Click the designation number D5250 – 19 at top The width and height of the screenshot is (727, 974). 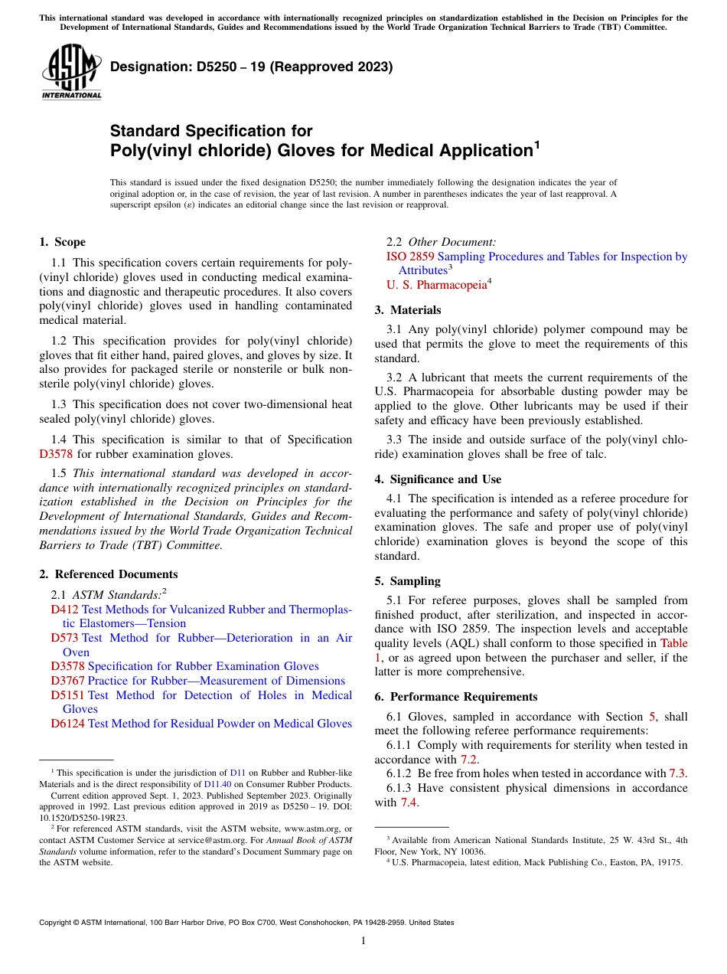coord(251,67)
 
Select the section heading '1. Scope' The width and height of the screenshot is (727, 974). coord(62,242)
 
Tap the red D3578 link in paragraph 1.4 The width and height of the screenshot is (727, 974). coord(54,453)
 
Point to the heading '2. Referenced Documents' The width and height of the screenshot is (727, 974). coord(108,574)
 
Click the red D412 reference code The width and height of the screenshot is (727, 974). coord(64,610)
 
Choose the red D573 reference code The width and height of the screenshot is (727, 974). coord(64,638)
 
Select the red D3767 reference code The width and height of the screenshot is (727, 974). coord(67,681)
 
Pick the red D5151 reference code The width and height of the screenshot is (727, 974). coord(67,695)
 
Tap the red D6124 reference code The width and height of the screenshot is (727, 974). coord(67,724)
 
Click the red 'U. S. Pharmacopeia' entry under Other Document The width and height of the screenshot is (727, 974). coord(436,285)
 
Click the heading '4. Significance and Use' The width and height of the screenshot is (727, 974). coord(438,479)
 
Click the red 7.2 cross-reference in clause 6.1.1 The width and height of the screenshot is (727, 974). coord(468,760)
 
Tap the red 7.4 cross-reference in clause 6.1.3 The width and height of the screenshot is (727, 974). coord(409,802)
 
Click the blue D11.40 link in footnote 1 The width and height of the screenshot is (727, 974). coord(216,784)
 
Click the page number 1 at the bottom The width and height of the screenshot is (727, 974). coord(363,941)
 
